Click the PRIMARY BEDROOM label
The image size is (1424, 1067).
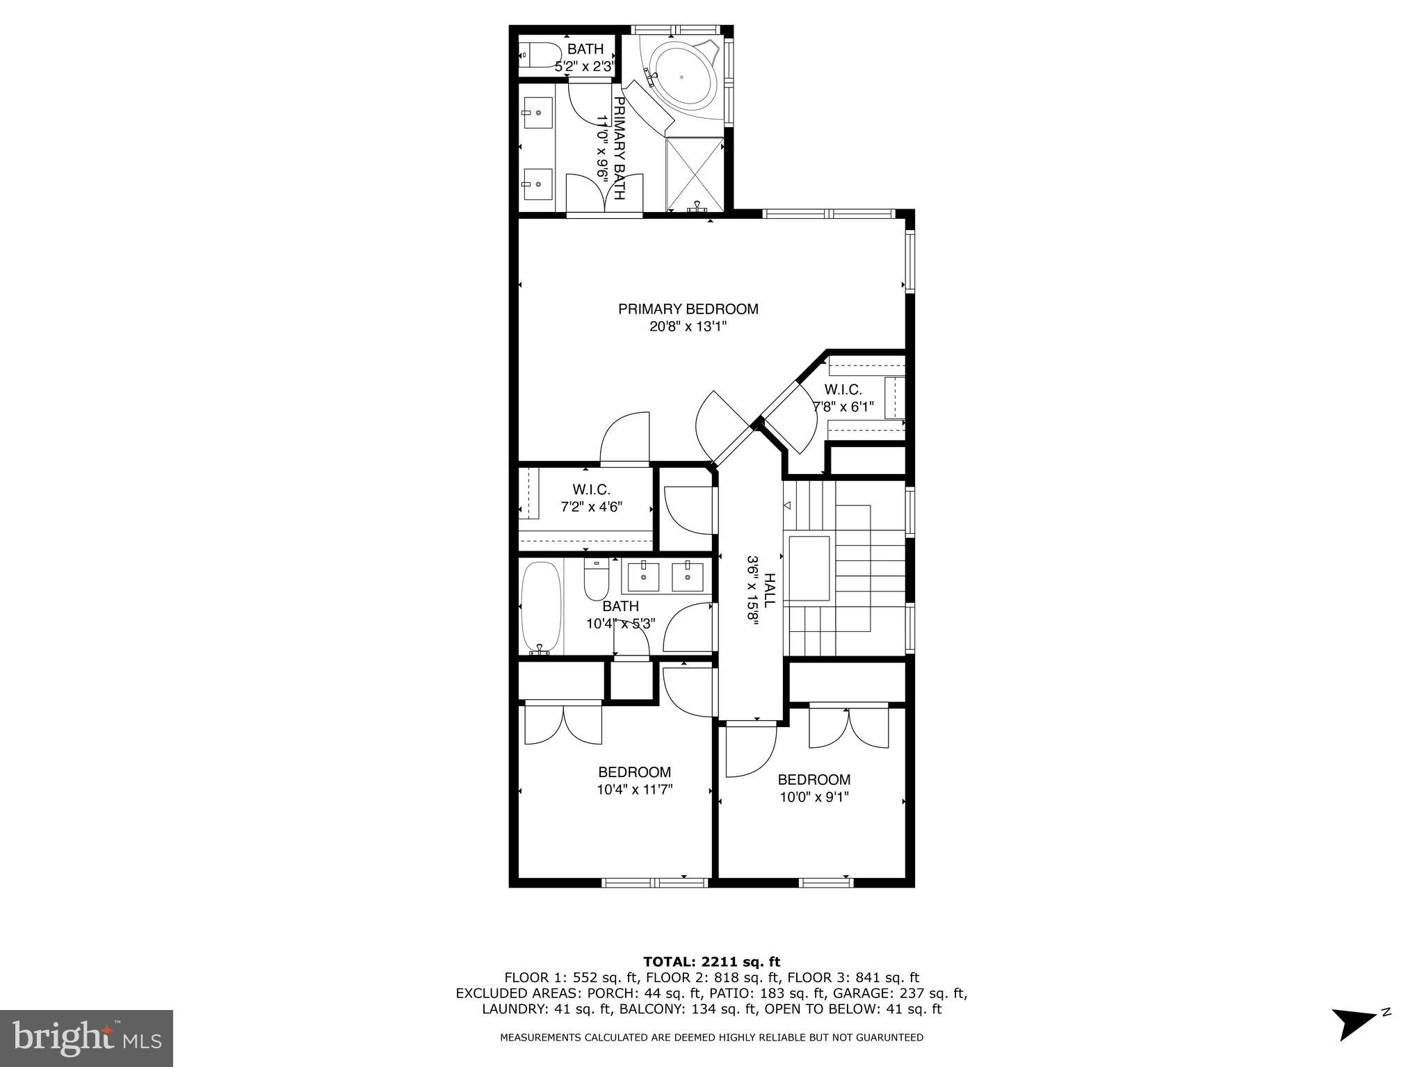688,309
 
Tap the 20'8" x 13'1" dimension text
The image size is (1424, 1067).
688,327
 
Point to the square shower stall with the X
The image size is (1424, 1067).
695,174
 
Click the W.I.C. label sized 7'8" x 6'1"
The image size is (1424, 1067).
843,390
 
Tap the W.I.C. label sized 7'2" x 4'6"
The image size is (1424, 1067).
591,490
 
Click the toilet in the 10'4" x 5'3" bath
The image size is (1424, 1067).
597,581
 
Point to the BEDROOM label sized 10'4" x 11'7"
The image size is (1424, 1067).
634,772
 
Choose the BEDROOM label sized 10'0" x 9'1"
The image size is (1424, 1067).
814,780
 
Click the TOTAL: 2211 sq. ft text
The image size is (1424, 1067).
711,962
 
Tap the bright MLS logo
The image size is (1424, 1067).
86,1038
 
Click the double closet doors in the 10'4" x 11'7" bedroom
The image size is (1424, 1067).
563,724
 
